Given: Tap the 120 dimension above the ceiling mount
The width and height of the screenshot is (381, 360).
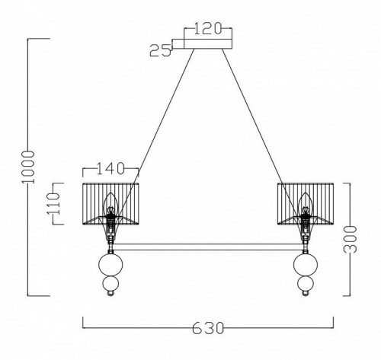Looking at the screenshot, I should pyautogui.click(x=208, y=30).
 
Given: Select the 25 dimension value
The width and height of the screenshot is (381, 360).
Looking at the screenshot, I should pyautogui.click(x=160, y=51).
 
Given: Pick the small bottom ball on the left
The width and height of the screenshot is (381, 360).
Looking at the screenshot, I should pyautogui.click(x=111, y=288).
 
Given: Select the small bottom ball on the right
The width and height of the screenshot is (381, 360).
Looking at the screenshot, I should pyautogui.click(x=306, y=288).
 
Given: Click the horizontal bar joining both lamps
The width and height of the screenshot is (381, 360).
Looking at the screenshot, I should pyautogui.click(x=209, y=247).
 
